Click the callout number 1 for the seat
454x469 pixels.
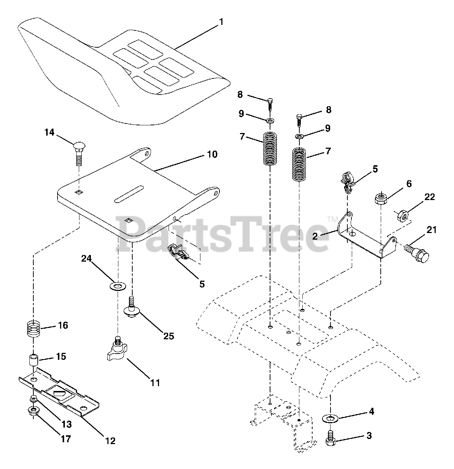[x=221, y=22]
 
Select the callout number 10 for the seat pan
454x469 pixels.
[x=212, y=154]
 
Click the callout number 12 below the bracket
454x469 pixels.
[x=110, y=440]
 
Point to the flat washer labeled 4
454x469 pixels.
[x=330, y=418]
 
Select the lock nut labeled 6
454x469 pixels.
[x=380, y=200]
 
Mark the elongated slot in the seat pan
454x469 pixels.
[x=129, y=193]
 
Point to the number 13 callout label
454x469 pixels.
[x=66, y=424]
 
